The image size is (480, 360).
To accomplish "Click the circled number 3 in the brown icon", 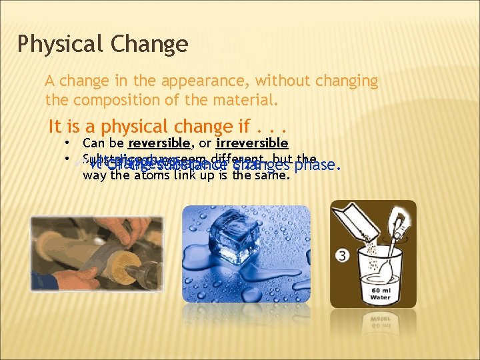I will coord(342,255).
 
